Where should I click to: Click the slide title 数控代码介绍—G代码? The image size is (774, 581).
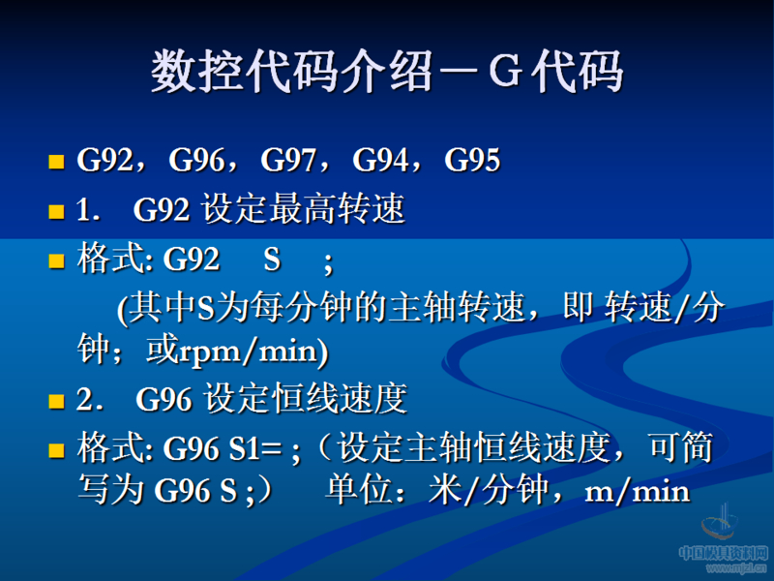tap(387, 74)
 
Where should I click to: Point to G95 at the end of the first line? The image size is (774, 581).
tap(472, 161)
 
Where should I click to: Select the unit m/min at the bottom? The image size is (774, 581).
tap(638, 491)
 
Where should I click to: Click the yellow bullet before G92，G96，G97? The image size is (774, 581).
tap(56, 162)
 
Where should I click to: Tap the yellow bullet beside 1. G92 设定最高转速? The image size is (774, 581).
tap(56, 210)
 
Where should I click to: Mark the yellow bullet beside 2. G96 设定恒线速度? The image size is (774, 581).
tap(56, 400)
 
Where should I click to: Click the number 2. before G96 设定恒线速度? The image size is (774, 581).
tap(89, 400)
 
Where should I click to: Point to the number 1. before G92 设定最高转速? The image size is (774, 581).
tap(88, 210)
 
